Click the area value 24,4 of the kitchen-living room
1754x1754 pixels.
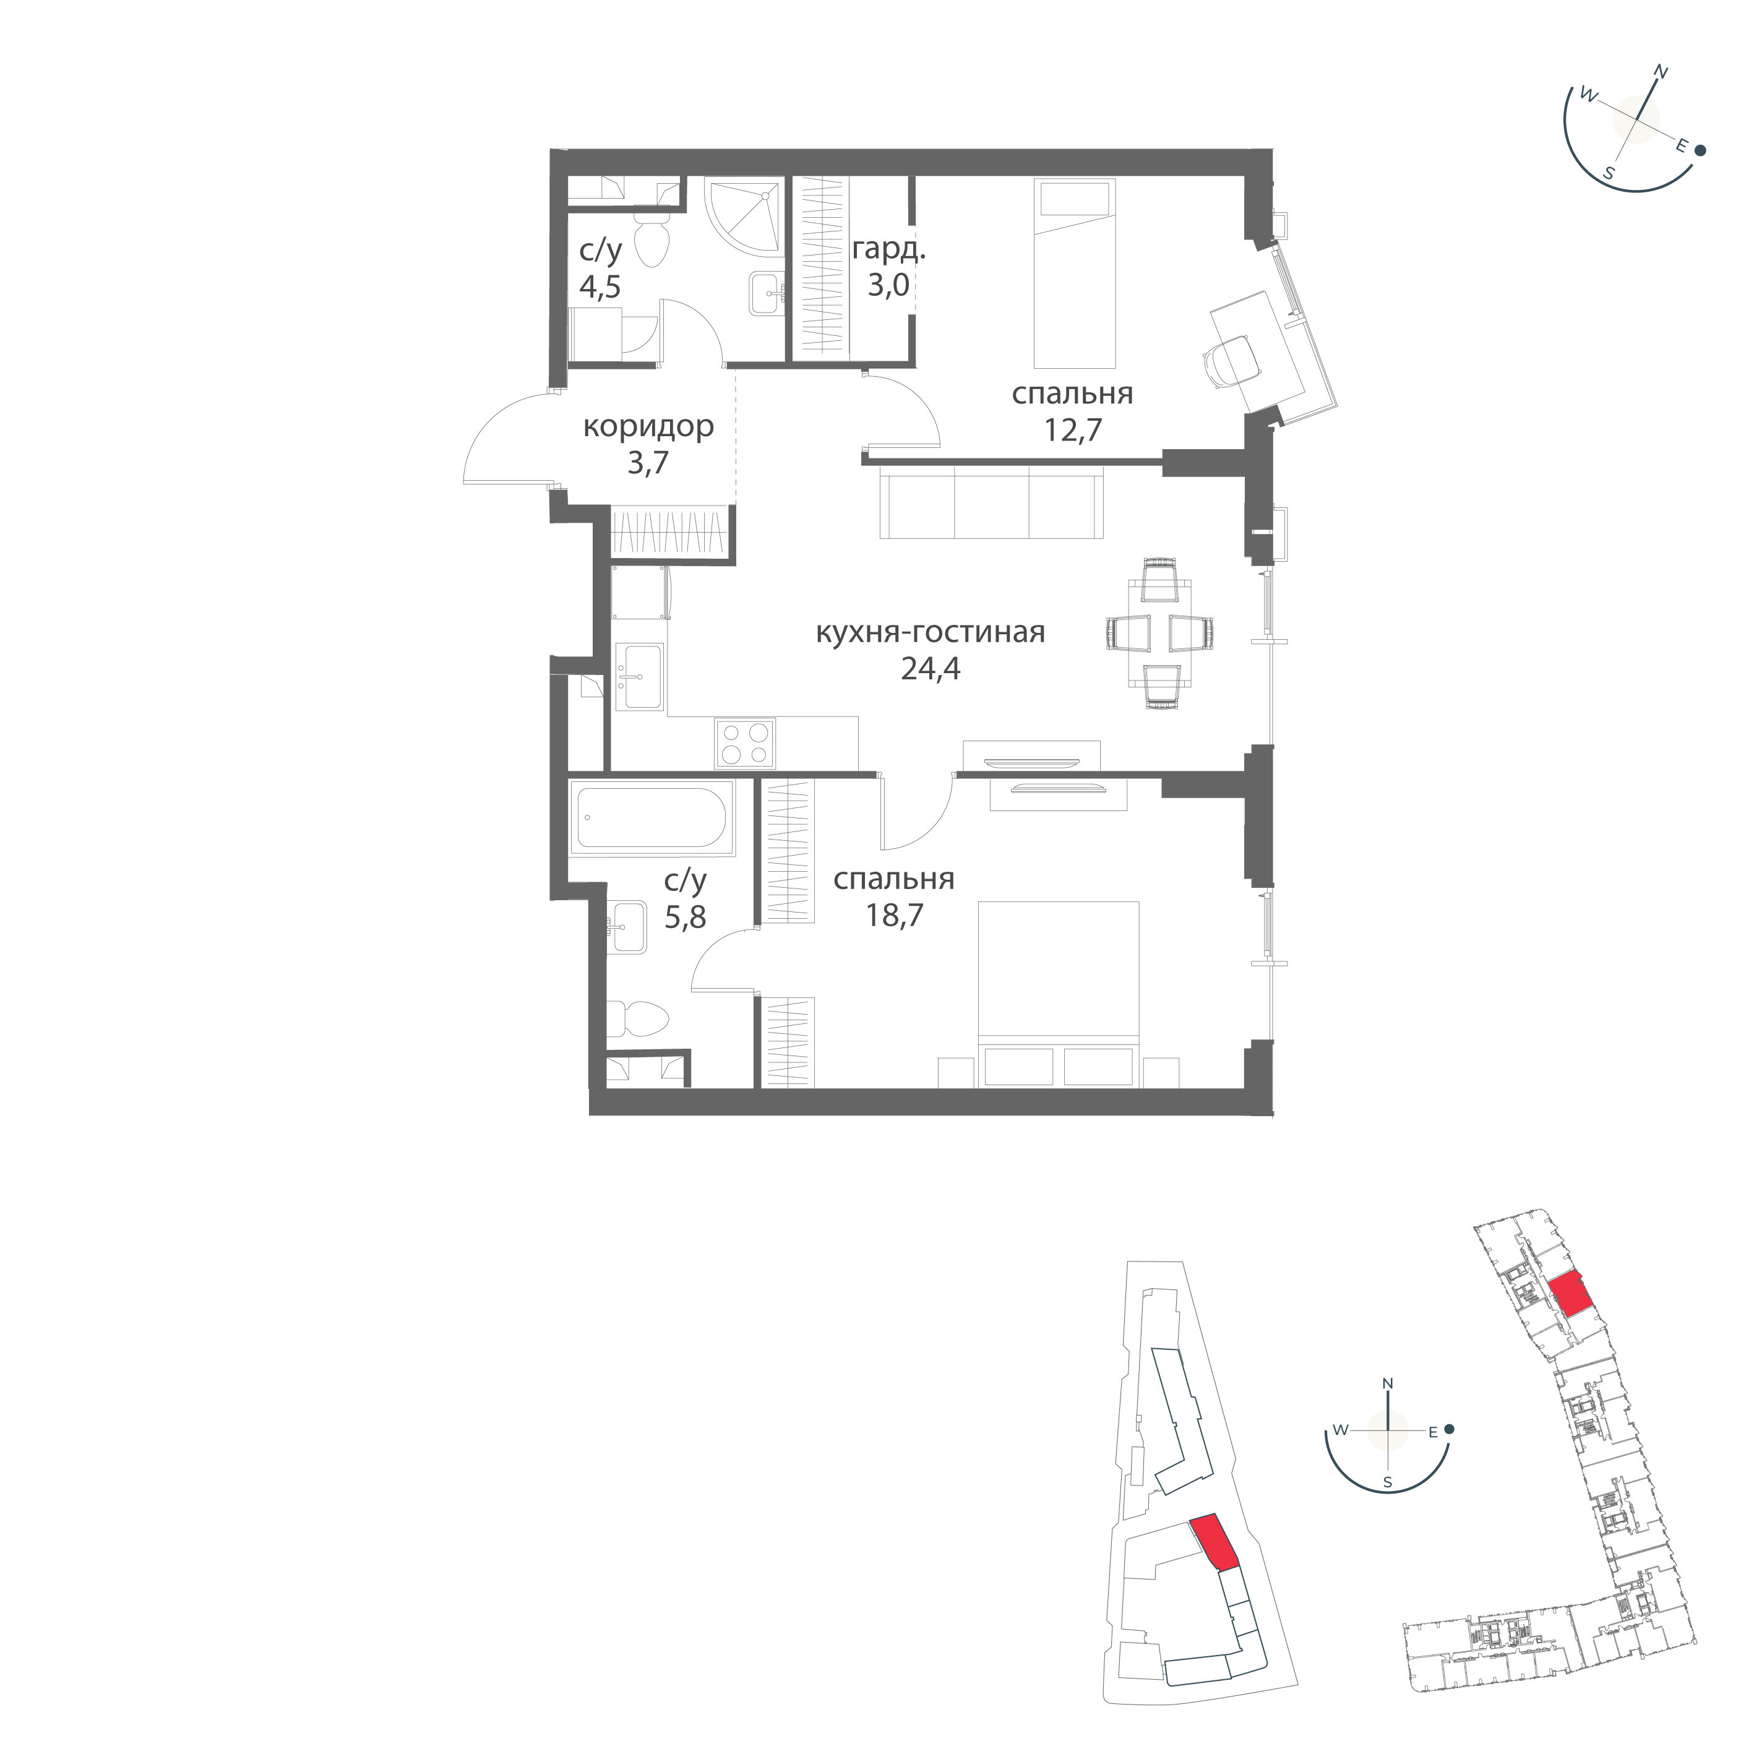pos(930,669)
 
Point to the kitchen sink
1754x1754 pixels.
pos(640,676)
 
